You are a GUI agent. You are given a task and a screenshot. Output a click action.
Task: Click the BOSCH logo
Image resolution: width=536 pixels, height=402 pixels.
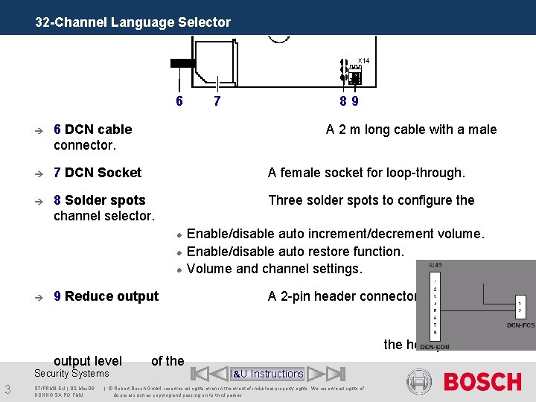pos(482,382)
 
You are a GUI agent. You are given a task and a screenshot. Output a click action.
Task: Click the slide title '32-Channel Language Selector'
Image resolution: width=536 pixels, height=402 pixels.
pos(133,22)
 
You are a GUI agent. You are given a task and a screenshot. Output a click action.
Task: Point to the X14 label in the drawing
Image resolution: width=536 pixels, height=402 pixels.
pos(363,61)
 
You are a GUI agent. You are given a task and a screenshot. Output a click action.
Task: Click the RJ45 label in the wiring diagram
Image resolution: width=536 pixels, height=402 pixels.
pos(435,266)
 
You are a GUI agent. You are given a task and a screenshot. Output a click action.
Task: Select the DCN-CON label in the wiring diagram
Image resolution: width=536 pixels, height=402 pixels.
pos(435,347)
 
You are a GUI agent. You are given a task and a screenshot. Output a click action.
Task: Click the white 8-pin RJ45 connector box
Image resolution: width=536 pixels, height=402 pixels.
pos(434,305)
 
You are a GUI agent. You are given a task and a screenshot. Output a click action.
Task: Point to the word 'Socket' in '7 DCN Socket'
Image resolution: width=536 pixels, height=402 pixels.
pos(119,173)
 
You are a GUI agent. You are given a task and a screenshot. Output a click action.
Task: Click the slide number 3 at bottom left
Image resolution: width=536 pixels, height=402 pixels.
pos(7,389)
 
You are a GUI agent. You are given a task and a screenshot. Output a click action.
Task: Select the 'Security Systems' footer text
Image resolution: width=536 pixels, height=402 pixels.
pos(71,374)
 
